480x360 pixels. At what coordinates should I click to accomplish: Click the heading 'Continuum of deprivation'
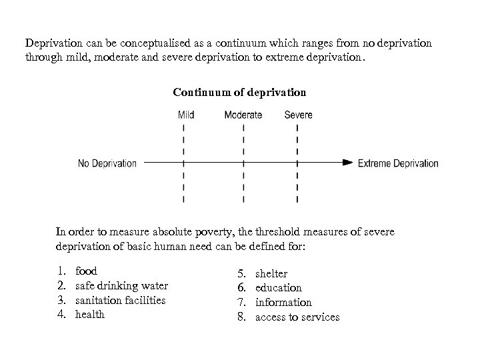[239, 91]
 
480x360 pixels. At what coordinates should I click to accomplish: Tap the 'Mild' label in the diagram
[186, 115]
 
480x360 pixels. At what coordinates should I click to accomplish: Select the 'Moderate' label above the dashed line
[243, 115]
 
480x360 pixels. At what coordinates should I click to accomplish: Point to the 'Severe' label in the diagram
[298, 115]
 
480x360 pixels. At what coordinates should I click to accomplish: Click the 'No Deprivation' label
[107, 163]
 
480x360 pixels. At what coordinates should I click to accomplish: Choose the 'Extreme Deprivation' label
[398, 163]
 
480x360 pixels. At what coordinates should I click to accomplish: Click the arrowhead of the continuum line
[347, 162]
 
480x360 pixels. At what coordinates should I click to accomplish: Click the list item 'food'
[87, 271]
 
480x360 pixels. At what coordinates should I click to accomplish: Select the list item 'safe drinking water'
[121, 286]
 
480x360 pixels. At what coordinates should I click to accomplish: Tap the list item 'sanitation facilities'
[120, 301]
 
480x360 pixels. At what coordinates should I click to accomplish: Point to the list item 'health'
[90, 315]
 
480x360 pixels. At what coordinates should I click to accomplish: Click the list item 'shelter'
[271, 273]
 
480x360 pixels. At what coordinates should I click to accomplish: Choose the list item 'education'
[279, 288]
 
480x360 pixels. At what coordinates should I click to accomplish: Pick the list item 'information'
[283, 303]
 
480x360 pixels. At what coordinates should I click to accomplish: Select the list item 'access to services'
[297, 317]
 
